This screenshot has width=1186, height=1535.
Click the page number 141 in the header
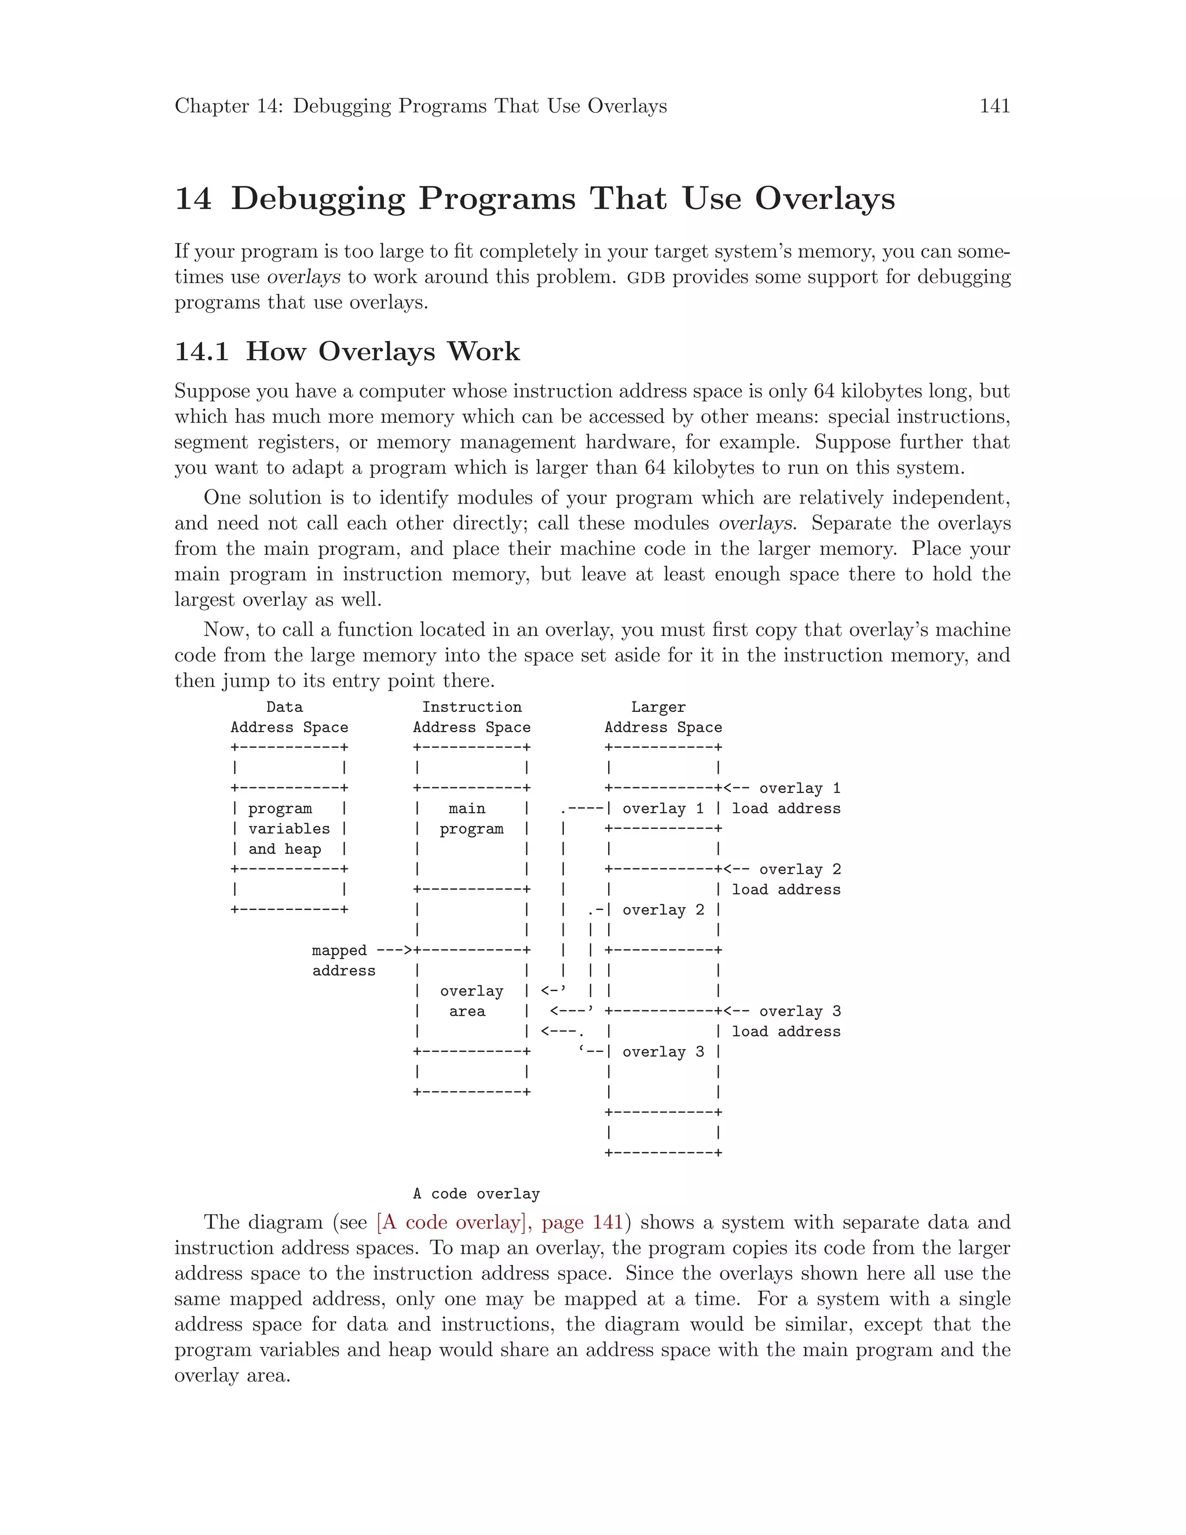[x=994, y=106]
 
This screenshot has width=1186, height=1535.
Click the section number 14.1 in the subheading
[x=201, y=352]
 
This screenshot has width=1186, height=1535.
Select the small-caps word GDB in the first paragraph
[x=645, y=277]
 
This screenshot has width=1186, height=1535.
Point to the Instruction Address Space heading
[x=471, y=718]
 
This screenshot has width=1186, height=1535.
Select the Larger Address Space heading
[x=662, y=718]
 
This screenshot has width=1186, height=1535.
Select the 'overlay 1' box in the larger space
[x=662, y=808]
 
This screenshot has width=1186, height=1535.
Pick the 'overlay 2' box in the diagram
[x=662, y=909]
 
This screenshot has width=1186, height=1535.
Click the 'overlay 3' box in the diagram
[x=662, y=1051]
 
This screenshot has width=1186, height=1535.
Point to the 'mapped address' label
[x=343, y=960]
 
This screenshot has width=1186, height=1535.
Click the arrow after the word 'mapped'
[x=394, y=950]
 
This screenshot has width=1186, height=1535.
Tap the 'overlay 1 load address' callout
[x=785, y=798]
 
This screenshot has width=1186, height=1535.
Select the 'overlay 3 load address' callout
[x=785, y=1021]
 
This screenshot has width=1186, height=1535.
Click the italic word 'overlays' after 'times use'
[x=303, y=277]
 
